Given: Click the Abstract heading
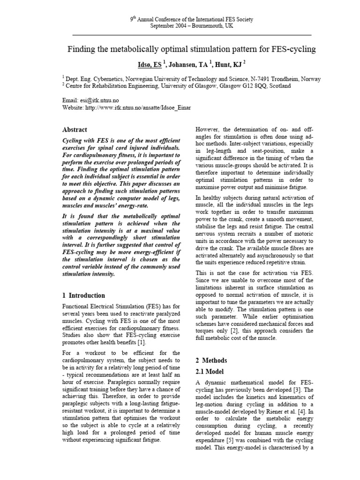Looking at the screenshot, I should click(75, 129).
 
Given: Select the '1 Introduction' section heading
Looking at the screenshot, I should click(83, 296).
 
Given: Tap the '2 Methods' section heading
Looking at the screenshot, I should click(211, 360).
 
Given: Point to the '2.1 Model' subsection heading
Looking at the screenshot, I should click(212, 371).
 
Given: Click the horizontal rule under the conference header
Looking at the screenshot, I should click(192, 35).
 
